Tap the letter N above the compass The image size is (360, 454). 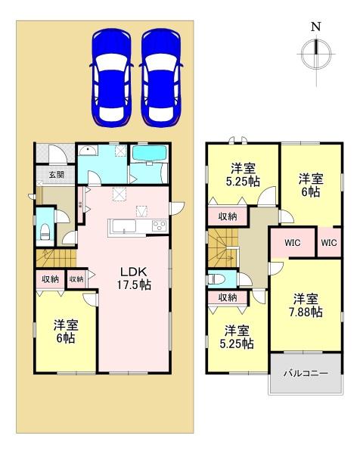[315, 26]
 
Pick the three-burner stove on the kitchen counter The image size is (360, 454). [160, 226]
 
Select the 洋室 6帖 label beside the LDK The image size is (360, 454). [64, 331]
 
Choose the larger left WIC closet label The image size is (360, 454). [293, 243]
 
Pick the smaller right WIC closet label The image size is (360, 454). [328, 243]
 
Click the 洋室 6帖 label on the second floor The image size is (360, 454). [310, 185]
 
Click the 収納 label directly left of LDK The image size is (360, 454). [76, 279]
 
